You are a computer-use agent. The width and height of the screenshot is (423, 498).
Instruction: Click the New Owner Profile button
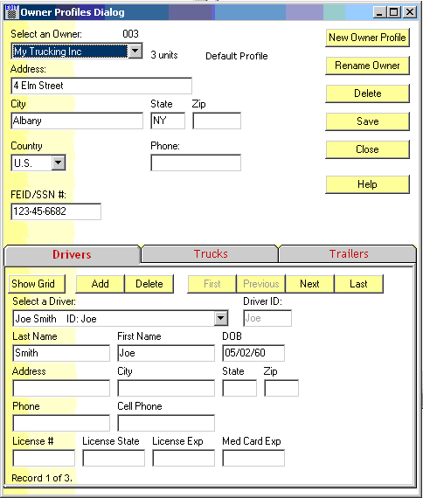pos(367,38)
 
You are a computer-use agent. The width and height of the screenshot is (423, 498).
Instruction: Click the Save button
pos(367,121)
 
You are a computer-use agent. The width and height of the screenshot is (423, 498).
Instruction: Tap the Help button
pos(367,184)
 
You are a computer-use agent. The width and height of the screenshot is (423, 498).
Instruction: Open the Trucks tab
pos(211,253)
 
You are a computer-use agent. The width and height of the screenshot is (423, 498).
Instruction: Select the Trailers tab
pos(349,253)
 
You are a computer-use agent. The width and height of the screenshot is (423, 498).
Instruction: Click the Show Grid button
pos(37,284)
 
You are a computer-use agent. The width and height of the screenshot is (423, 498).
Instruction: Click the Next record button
pos(310,284)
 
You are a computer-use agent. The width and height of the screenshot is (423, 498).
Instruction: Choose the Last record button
pos(359,284)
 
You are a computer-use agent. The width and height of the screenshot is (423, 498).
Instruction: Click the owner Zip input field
pos(217,121)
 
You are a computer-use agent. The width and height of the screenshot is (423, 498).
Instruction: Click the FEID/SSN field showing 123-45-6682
pos(56,211)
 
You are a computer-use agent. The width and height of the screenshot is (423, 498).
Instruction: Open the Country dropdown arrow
pos(59,163)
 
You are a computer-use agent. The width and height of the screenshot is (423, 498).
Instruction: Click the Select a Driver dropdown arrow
pos(221,318)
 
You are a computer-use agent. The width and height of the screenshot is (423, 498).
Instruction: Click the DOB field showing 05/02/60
pos(253,353)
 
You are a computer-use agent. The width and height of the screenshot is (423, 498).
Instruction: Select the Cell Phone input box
pos(166,423)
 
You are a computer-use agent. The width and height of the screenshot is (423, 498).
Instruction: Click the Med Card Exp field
pos(253,458)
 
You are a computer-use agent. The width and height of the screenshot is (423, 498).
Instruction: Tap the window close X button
pos(410,12)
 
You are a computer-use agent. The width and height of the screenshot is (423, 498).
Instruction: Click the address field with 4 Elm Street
pos(101,86)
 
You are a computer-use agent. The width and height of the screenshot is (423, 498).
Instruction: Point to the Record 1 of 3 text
pos(42,478)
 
